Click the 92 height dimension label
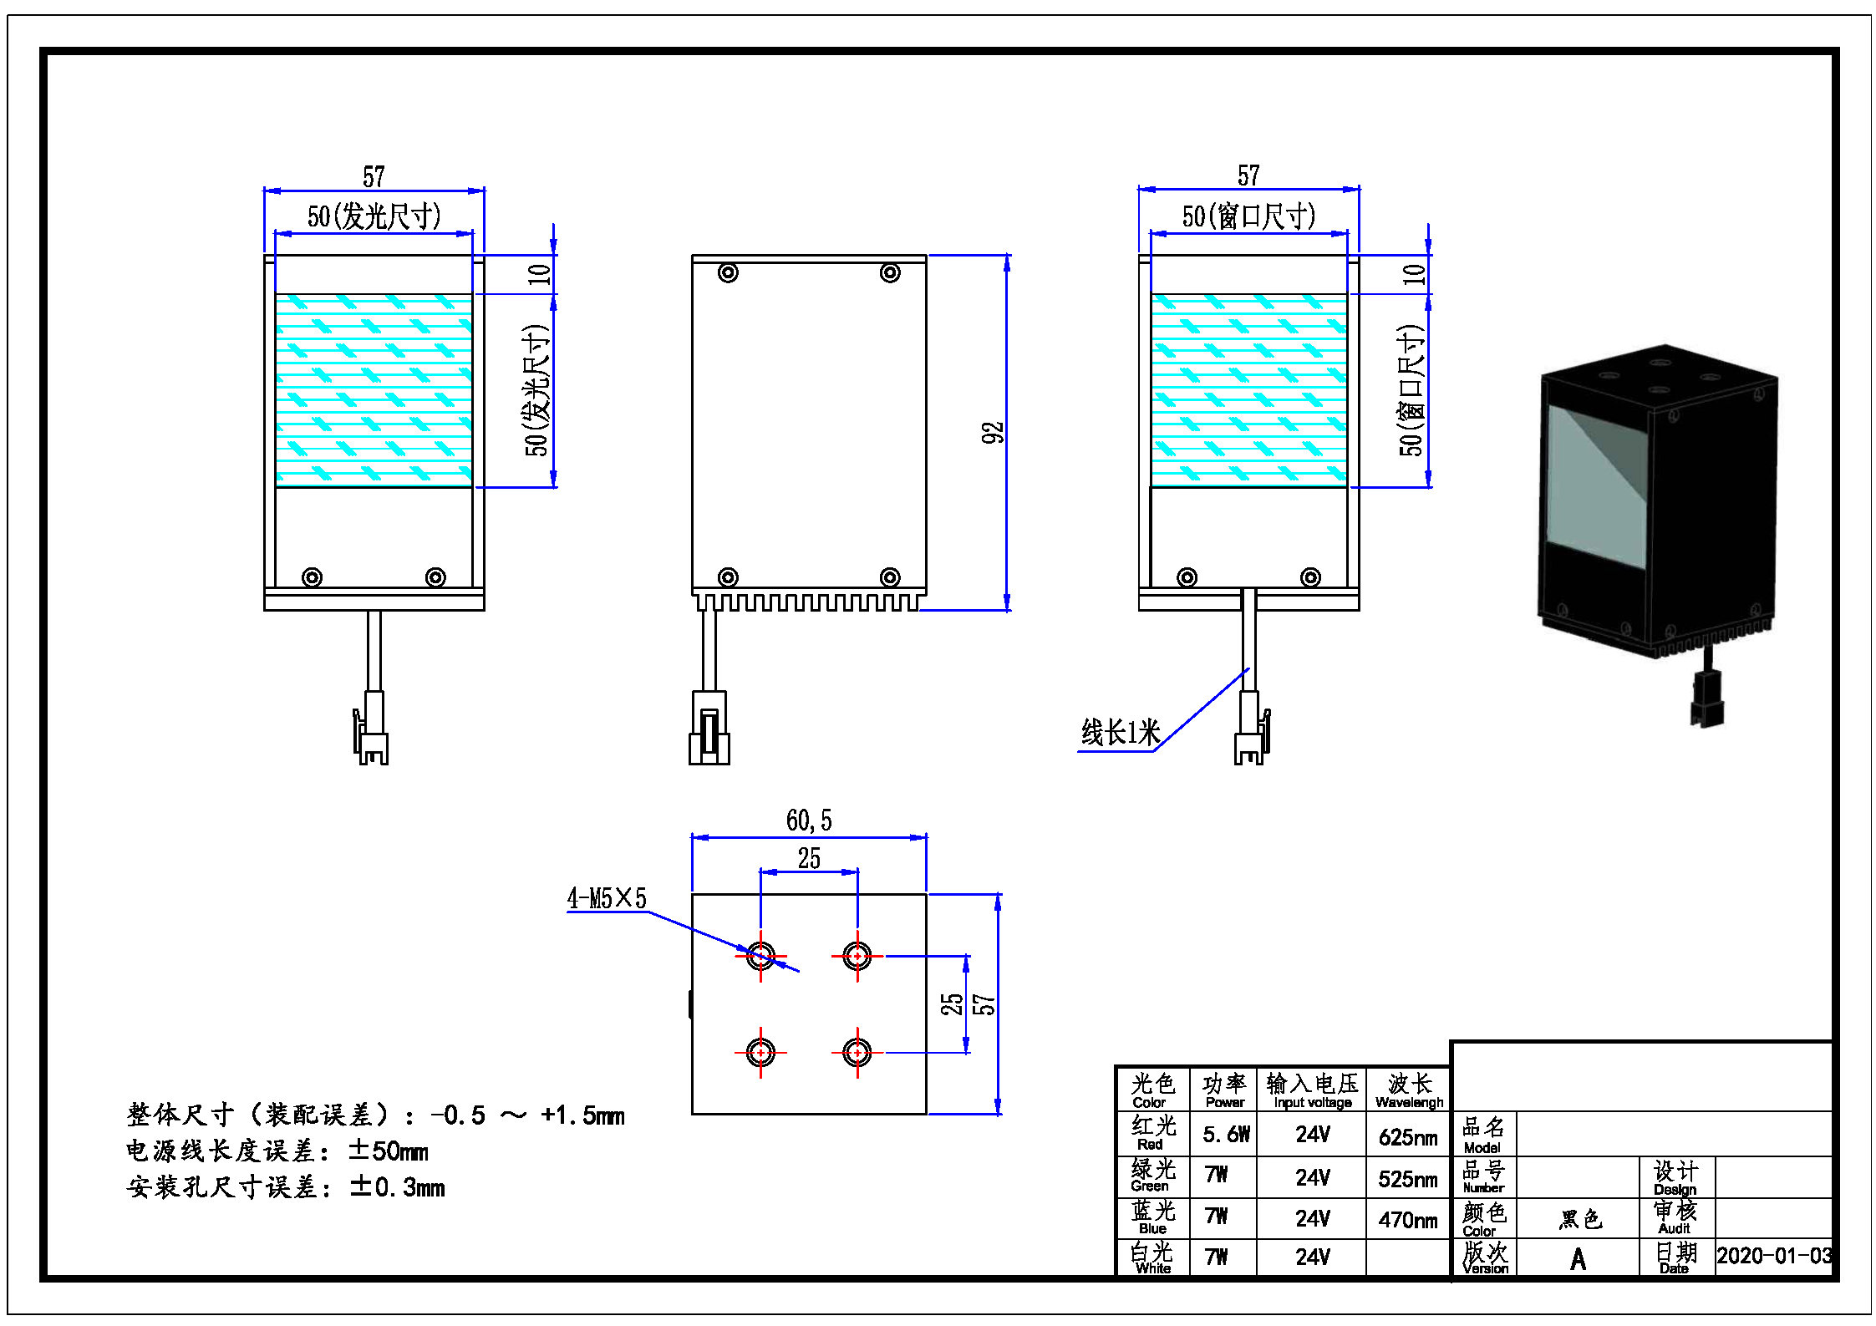click(x=992, y=432)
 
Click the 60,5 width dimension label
click(x=808, y=820)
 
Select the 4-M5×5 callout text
click(x=607, y=899)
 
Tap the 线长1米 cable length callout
click(x=1121, y=733)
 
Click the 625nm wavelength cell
click(x=1408, y=1137)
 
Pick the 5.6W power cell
click(x=1226, y=1135)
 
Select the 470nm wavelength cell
click(x=1408, y=1220)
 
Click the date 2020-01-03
click(x=1774, y=1256)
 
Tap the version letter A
click(x=1578, y=1258)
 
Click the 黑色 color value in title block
click(x=1580, y=1220)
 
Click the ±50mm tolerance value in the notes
click(x=388, y=1151)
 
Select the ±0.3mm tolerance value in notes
click(x=397, y=1187)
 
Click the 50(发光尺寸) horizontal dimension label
click(x=374, y=217)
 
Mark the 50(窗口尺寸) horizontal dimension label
click(x=1248, y=217)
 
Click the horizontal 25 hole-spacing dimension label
click(x=808, y=859)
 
